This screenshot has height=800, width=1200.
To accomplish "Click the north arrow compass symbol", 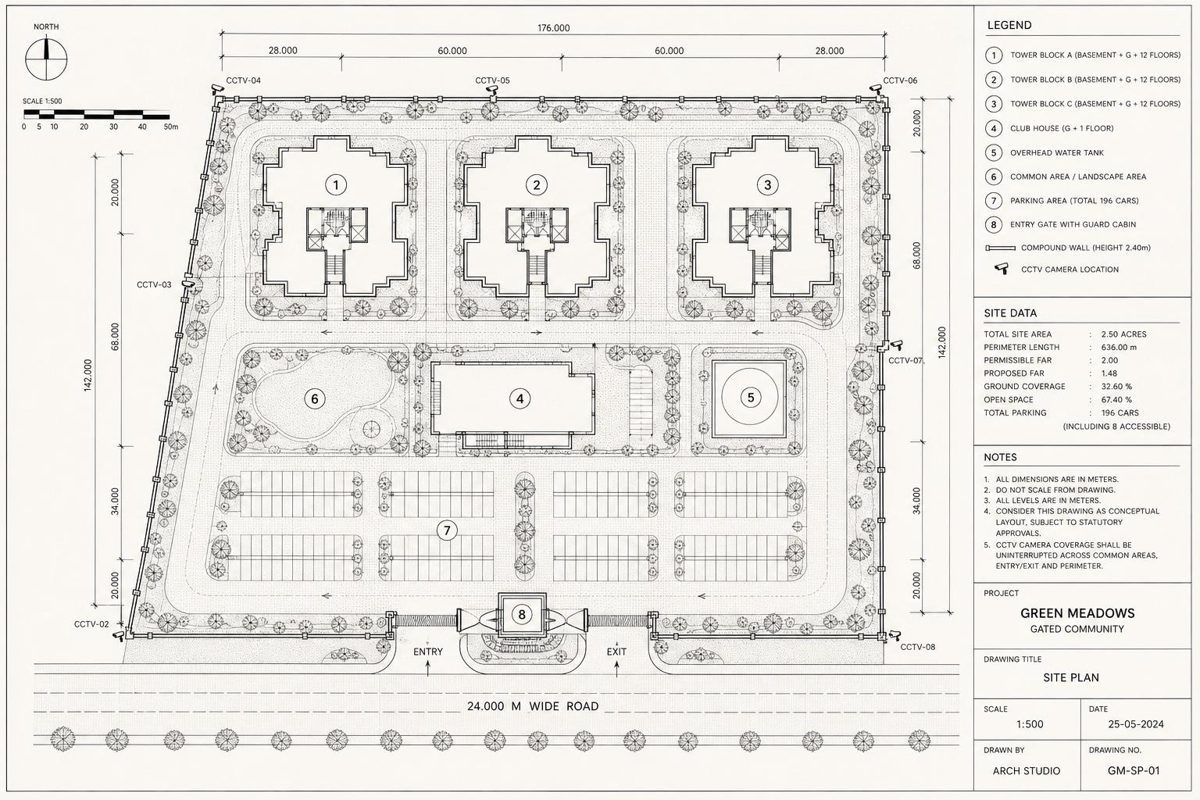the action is point(46,58).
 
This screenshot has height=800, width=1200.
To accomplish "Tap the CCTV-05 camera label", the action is point(492,80).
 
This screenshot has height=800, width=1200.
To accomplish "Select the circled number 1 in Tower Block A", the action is point(336,185).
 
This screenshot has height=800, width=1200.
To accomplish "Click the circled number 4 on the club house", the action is point(520,398).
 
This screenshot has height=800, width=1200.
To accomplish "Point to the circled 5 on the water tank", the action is point(751,398).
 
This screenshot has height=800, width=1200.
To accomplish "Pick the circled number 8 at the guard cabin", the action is point(522,614).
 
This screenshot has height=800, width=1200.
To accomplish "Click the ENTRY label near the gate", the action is point(428,652).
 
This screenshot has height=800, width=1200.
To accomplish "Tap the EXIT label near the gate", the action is point(616,652).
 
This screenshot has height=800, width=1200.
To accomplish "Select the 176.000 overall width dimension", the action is point(553,28).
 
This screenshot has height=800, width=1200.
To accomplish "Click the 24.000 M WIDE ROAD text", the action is point(533,706).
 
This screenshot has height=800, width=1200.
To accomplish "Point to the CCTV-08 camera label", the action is point(918,647).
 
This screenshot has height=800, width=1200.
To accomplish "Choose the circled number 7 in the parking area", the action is point(448,530).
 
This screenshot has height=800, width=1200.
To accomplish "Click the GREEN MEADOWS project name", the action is point(1077,613).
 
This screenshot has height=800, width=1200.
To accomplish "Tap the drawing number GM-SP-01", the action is point(1134,770).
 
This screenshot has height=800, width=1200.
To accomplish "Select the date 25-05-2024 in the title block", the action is point(1136,724).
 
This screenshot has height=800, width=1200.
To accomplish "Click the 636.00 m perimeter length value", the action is point(1119,347).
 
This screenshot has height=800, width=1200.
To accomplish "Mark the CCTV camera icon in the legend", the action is point(1002,268).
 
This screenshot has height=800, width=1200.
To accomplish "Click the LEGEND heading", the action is point(1009,25).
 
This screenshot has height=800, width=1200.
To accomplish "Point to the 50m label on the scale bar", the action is point(171,127).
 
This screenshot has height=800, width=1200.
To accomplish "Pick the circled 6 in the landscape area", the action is point(315,398).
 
